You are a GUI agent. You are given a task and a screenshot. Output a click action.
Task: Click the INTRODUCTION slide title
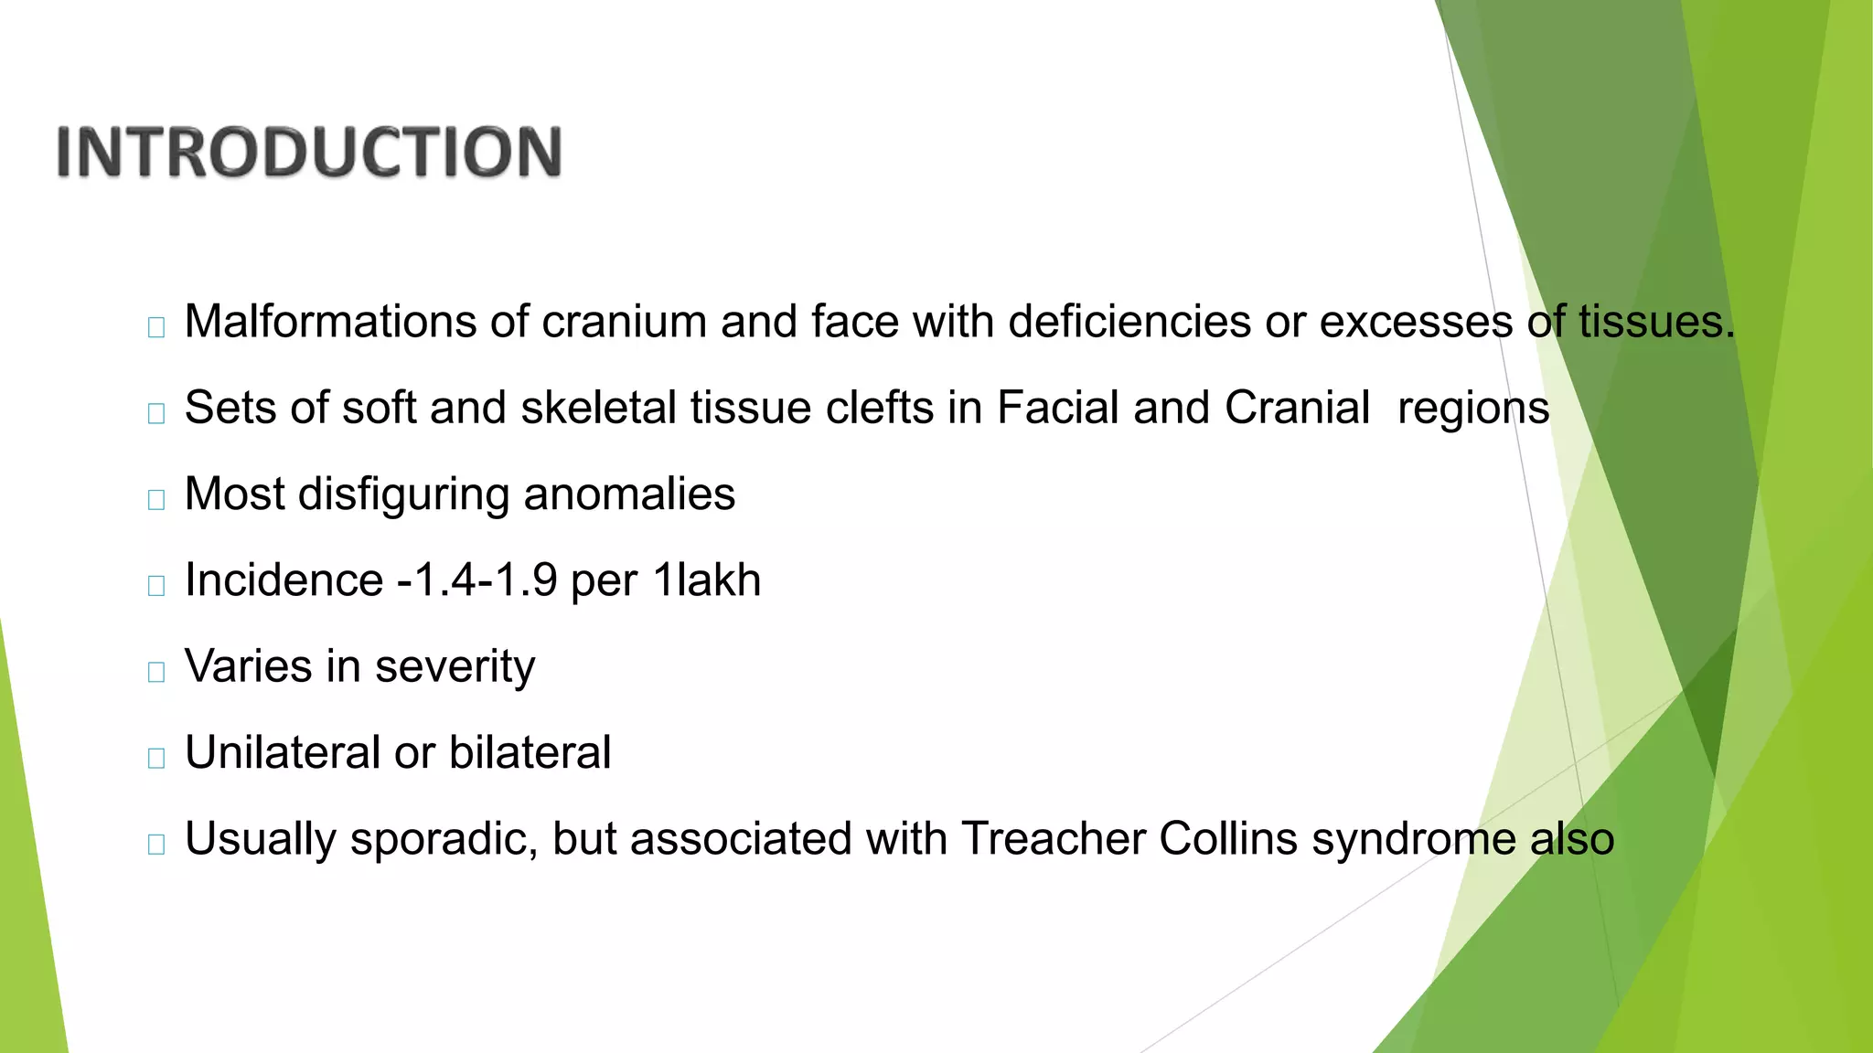[x=309, y=152]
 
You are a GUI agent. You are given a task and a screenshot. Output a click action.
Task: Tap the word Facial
[x=1057, y=408]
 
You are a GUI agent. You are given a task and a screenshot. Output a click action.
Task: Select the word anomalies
[x=629, y=495]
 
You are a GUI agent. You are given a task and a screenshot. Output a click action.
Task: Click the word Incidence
[x=284, y=580]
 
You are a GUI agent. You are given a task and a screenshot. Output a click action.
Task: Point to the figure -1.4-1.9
[x=477, y=580]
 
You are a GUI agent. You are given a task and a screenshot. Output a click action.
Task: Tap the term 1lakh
[x=707, y=580]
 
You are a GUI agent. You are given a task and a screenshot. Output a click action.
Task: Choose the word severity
[x=455, y=667]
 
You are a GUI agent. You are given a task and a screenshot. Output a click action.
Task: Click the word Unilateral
[x=283, y=753]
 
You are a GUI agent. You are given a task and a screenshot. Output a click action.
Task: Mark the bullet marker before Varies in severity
[x=156, y=672]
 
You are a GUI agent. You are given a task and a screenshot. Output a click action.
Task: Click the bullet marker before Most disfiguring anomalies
[x=156, y=499]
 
